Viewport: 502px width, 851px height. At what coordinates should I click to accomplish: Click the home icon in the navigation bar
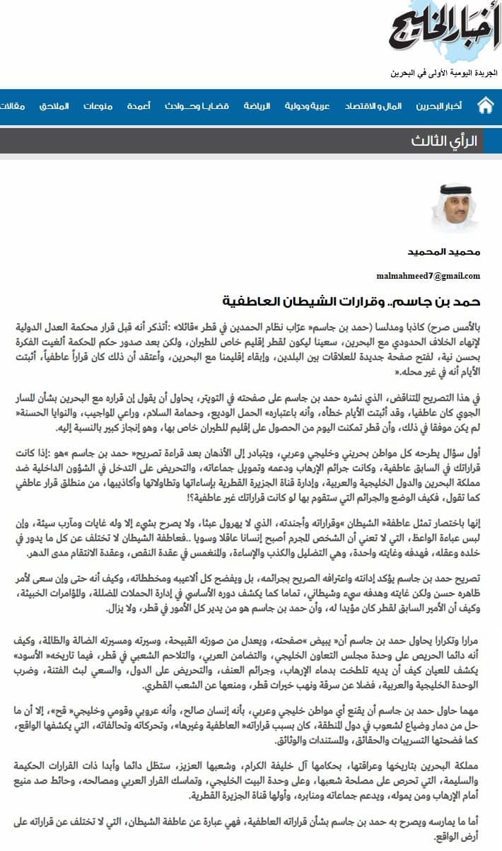point(485,107)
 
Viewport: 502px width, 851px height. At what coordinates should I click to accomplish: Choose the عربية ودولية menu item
point(308,107)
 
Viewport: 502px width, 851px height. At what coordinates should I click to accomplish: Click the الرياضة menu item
point(257,107)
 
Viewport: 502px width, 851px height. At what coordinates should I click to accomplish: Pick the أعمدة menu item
point(139,107)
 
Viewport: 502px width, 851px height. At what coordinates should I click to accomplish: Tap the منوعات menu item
point(98,107)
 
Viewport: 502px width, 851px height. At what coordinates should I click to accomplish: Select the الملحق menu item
point(54,107)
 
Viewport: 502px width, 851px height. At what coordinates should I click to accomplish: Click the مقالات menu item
point(12,107)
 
